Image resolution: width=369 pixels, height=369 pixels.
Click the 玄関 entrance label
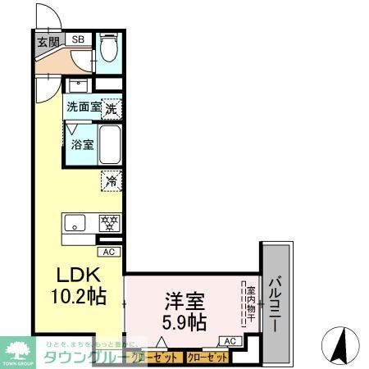click(x=47, y=41)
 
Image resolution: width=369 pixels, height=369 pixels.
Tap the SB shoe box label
click(x=79, y=39)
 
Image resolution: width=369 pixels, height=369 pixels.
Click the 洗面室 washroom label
click(x=83, y=107)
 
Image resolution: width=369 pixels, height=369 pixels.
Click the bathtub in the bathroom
click(x=110, y=142)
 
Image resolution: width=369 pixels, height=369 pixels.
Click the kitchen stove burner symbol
click(x=109, y=222)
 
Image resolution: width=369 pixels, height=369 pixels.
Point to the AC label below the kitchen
click(x=110, y=252)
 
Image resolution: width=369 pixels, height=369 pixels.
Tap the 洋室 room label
click(x=184, y=299)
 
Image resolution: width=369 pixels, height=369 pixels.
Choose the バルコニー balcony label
click(x=278, y=302)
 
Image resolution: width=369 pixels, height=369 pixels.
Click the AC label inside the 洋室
click(x=230, y=340)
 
